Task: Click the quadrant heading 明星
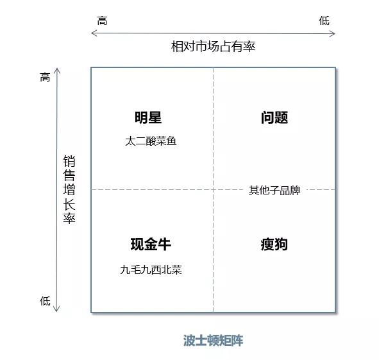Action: pyautogui.click(x=148, y=117)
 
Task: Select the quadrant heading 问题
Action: pyautogui.click(x=274, y=117)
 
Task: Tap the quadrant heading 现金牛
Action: pyautogui.click(x=151, y=244)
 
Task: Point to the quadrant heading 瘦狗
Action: pyautogui.click(x=274, y=244)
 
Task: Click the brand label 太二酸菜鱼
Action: pyautogui.click(x=151, y=141)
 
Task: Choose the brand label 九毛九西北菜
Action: pyautogui.click(x=151, y=270)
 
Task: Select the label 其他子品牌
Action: pyautogui.click(x=274, y=190)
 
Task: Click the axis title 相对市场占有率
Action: pyautogui.click(x=213, y=46)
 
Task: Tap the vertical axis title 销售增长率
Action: pyautogui.click(x=69, y=189)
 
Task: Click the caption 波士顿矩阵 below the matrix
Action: pyautogui.click(x=213, y=341)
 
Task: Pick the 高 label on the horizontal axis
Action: pyautogui.click(x=102, y=21)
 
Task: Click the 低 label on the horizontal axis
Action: pyautogui.click(x=324, y=21)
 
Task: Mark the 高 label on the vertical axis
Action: pyautogui.click(x=45, y=77)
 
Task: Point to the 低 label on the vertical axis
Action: pyautogui.click(x=45, y=301)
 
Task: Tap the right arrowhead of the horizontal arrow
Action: pyautogui.click(x=335, y=33)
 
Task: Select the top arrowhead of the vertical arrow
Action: pyautogui.click(x=57, y=69)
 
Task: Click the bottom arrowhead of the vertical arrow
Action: pyautogui.click(x=56, y=311)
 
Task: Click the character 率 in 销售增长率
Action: pyautogui.click(x=69, y=218)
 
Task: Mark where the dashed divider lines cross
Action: pyautogui.click(x=213, y=189)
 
